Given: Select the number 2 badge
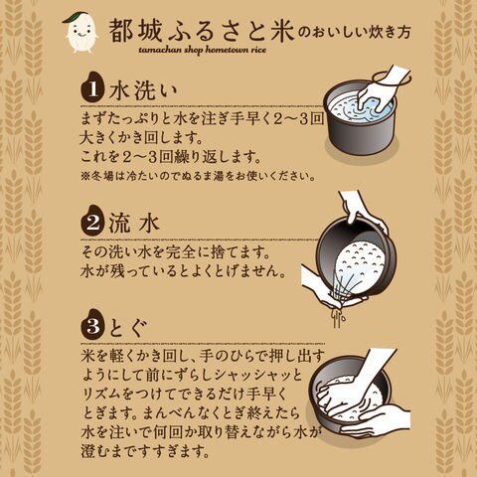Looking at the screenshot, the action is tap(91, 222).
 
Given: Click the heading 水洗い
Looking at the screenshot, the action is tap(143, 90).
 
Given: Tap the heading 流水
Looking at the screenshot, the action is tap(134, 223).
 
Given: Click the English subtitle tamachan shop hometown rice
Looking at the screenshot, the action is tap(203, 50).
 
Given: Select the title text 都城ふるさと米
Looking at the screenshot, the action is tap(202, 31).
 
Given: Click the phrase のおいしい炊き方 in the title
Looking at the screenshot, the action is tap(354, 32).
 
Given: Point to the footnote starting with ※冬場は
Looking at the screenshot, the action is tap(198, 176).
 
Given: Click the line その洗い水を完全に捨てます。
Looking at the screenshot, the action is tap(176, 253).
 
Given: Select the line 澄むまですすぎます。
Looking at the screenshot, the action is tap(145, 451).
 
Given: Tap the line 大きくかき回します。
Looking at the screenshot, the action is tap(142, 138).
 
